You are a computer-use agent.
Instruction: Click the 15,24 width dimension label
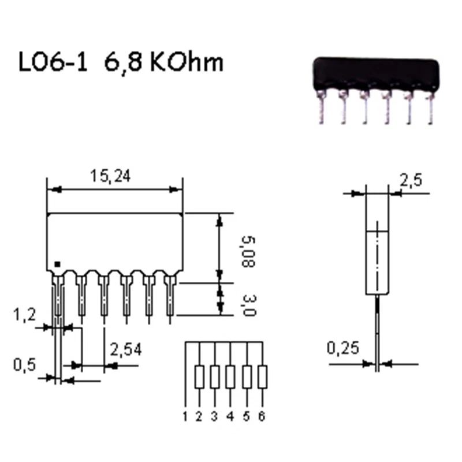coord(110,176)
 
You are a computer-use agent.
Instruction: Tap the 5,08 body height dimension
coord(248,252)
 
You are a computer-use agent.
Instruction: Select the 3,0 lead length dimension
coord(248,305)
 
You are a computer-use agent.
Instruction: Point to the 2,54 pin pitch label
coord(126,349)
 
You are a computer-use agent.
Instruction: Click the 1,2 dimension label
coord(24,314)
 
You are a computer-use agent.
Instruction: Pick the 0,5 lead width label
coord(24,365)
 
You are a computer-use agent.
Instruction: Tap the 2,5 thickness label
coord(411,180)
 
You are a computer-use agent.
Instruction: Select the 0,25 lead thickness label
coord(343,348)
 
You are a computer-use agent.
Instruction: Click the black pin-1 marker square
coord(57,264)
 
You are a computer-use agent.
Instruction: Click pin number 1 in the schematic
coord(185,416)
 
